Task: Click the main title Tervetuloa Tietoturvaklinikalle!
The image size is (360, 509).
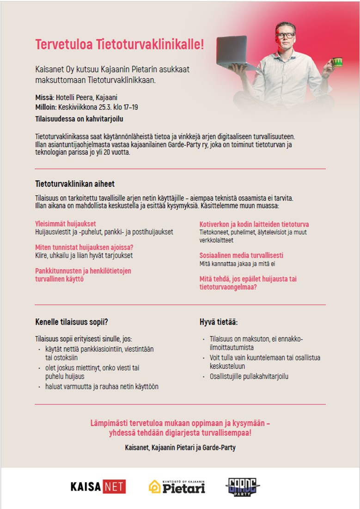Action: tap(119, 45)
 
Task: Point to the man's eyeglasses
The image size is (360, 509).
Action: tap(284, 35)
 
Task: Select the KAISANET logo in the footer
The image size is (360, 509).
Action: tap(98, 486)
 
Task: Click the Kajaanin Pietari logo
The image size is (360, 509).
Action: tap(177, 486)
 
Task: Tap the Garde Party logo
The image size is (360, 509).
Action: tap(243, 486)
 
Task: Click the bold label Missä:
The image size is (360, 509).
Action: tap(45, 98)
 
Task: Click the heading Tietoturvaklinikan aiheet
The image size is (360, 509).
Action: tap(75, 184)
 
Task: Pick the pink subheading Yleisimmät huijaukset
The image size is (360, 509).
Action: tap(66, 224)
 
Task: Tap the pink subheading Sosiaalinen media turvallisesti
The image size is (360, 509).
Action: tap(241, 255)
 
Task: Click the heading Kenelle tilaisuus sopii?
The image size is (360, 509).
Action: tap(72, 322)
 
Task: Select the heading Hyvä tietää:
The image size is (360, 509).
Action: tap(219, 322)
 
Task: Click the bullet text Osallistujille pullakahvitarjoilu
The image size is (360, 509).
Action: tap(249, 376)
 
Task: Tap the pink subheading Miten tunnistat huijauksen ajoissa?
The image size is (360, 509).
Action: tap(85, 247)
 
